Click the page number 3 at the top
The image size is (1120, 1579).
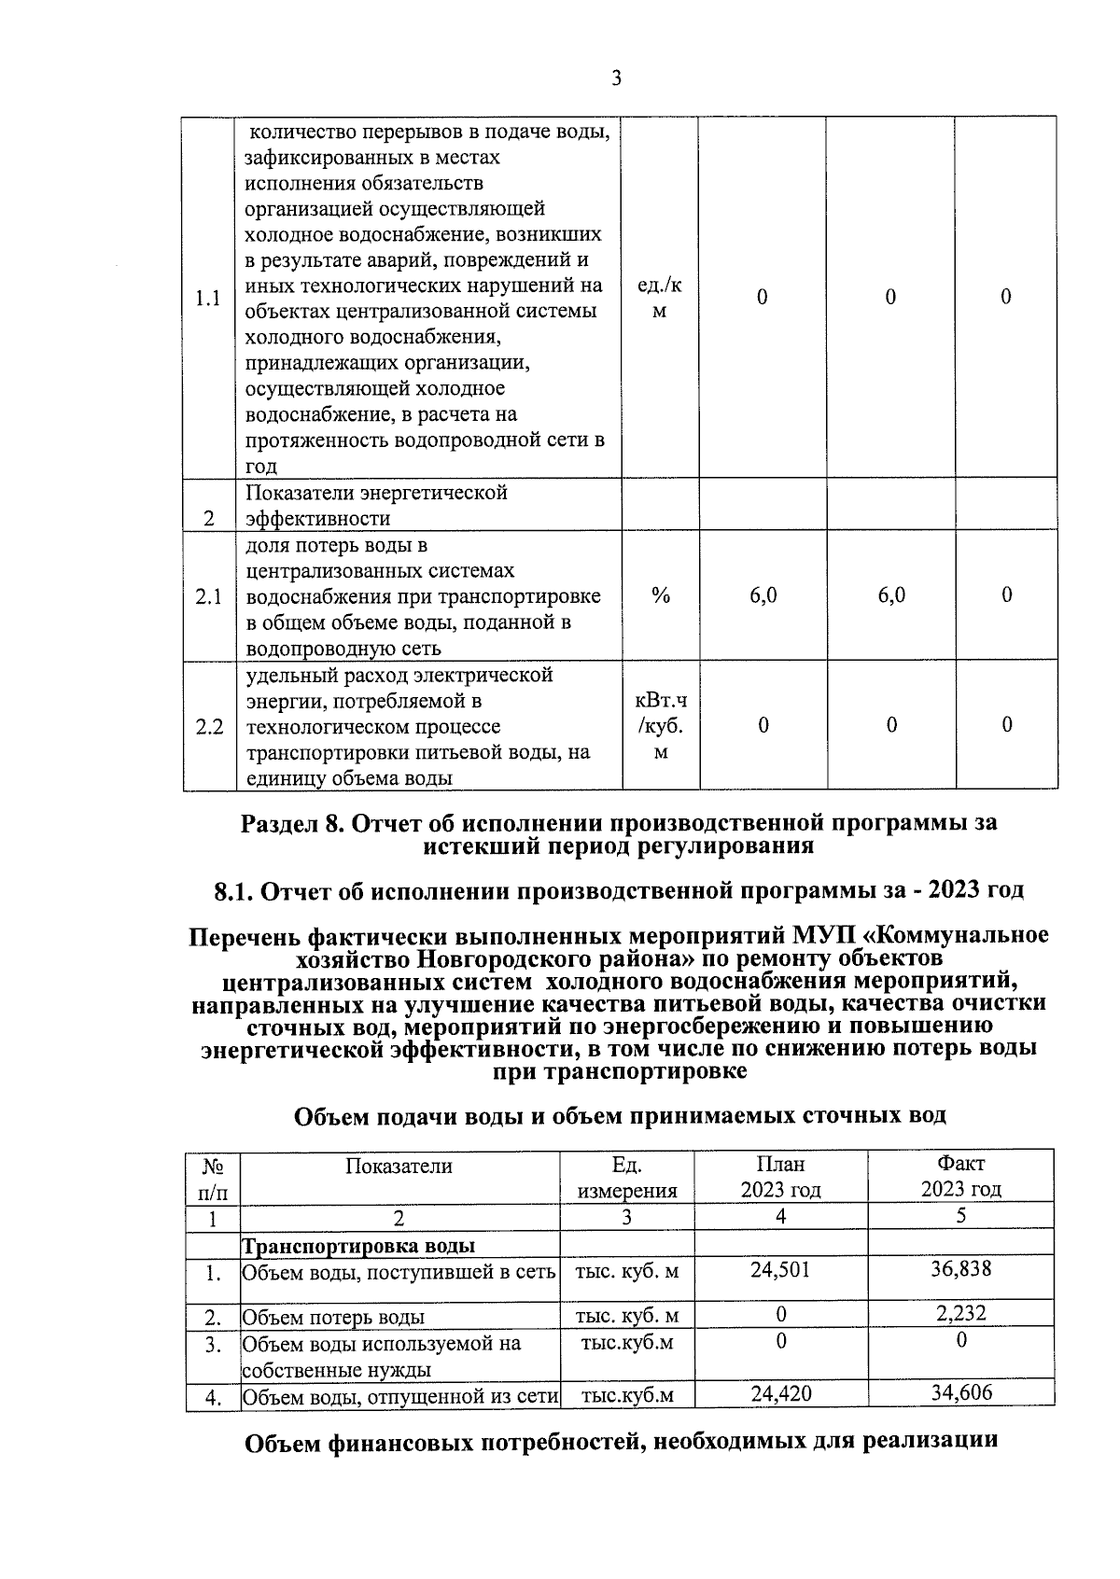(x=616, y=78)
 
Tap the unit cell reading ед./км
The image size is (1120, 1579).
(x=659, y=298)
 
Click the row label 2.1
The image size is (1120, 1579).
(x=209, y=596)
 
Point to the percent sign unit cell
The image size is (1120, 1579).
(x=661, y=596)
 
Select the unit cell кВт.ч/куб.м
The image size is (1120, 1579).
(x=660, y=725)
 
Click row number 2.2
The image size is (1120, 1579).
(x=209, y=726)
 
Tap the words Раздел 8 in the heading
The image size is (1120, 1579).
(x=289, y=823)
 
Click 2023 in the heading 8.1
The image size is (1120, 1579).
(x=949, y=890)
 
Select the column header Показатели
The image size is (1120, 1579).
(x=399, y=1166)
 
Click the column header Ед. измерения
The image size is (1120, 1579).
(x=626, y=1178)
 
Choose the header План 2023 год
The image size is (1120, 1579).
(x=780, y=1178)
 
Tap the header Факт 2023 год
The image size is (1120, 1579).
(x=960, y=1177)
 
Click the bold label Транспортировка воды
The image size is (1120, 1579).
(x=358, y=1246)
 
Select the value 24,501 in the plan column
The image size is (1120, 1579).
(x=780, y=1269)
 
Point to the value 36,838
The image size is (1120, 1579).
(x=960, y=1269)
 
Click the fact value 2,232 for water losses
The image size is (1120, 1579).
(x=960, y=1314)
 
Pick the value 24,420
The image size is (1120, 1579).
(x=780, y=1394)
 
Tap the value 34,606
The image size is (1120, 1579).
(x=960, y=1393)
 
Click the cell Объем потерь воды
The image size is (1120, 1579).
(x=333, y=1317)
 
